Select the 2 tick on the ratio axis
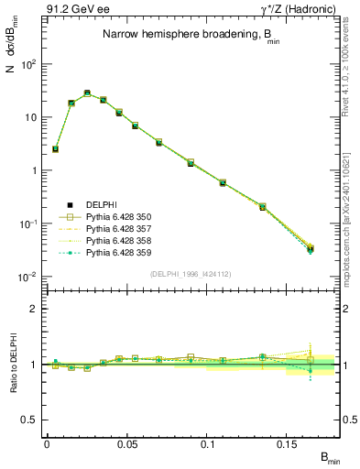click(38, 309)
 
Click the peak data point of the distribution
click(87, 93)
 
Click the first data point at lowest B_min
click(55, 148)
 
